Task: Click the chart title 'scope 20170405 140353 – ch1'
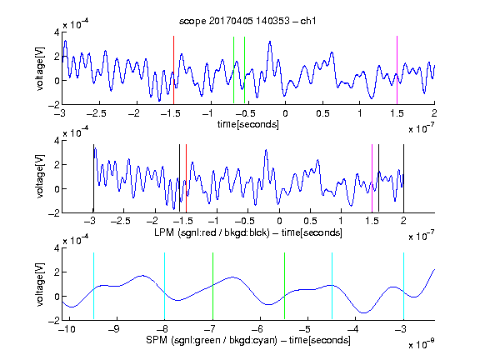tap(247, 21)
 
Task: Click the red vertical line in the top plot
tap(173, 70)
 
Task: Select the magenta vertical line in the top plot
tap(397, 70)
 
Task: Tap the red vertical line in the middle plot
tap(186, 178)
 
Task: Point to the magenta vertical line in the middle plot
tap(372, 178)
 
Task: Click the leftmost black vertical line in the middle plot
tap(93, 178)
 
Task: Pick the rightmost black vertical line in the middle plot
tap(404, 178)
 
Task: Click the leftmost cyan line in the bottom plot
tap(93, 286)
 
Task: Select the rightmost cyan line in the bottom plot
tap(404, 286)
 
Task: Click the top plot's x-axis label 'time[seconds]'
tap(248, 124)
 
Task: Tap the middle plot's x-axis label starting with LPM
tap(248, 232)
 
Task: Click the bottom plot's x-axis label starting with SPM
tap(248, 340)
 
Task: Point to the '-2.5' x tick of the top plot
tap(96, 113)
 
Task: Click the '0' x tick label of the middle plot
tap(279, 221)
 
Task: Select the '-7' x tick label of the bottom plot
tap(209, 329)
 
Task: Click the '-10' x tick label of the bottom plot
tap(67, 329)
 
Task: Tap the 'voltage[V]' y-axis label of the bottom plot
tap(40, 284)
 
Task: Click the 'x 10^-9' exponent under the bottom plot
tap(421, 343)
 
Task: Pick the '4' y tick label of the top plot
tap(57, 32)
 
